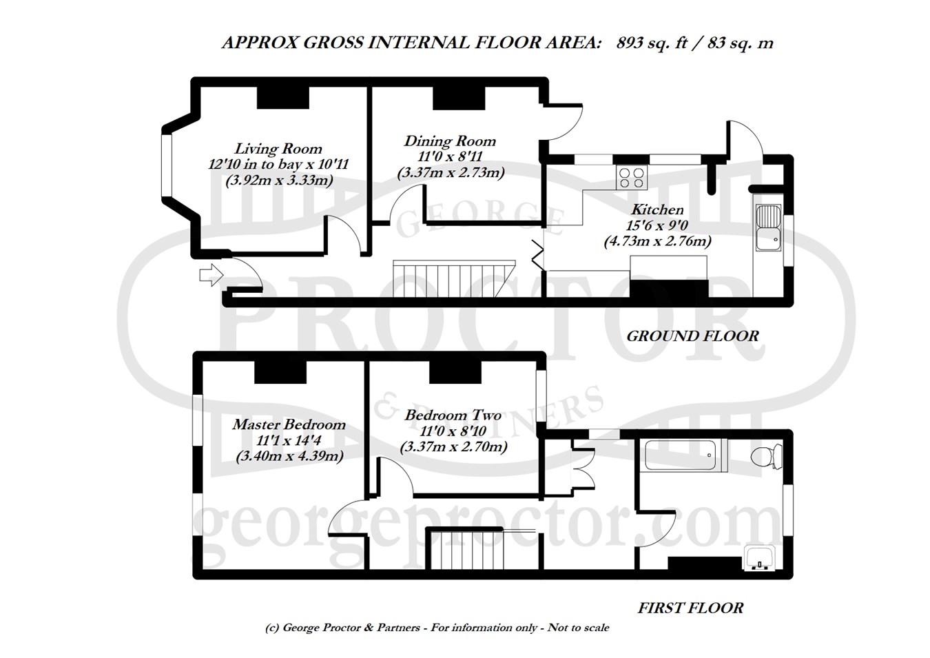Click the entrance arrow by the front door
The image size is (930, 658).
(211, 275)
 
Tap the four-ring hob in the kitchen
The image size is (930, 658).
(632, 178)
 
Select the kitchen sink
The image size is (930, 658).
(768, 227)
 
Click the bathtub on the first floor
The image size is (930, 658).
(685, 455)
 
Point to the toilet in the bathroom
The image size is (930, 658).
(767, 456)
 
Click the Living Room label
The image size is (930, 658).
(278, 149)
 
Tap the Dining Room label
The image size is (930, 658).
(450, 141)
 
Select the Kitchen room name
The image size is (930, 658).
(657, 209)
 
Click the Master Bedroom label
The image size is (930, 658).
(289, 424)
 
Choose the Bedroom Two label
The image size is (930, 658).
(453, 415)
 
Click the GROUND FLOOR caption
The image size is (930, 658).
(692, 336)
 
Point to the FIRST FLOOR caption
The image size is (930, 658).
(690, 608)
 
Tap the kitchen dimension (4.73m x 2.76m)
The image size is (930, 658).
(657, 241)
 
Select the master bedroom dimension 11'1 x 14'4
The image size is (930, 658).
(289, 440)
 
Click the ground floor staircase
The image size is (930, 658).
(454, 278)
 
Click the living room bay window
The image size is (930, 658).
(167, 165)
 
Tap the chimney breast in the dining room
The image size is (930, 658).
(459, 98)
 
